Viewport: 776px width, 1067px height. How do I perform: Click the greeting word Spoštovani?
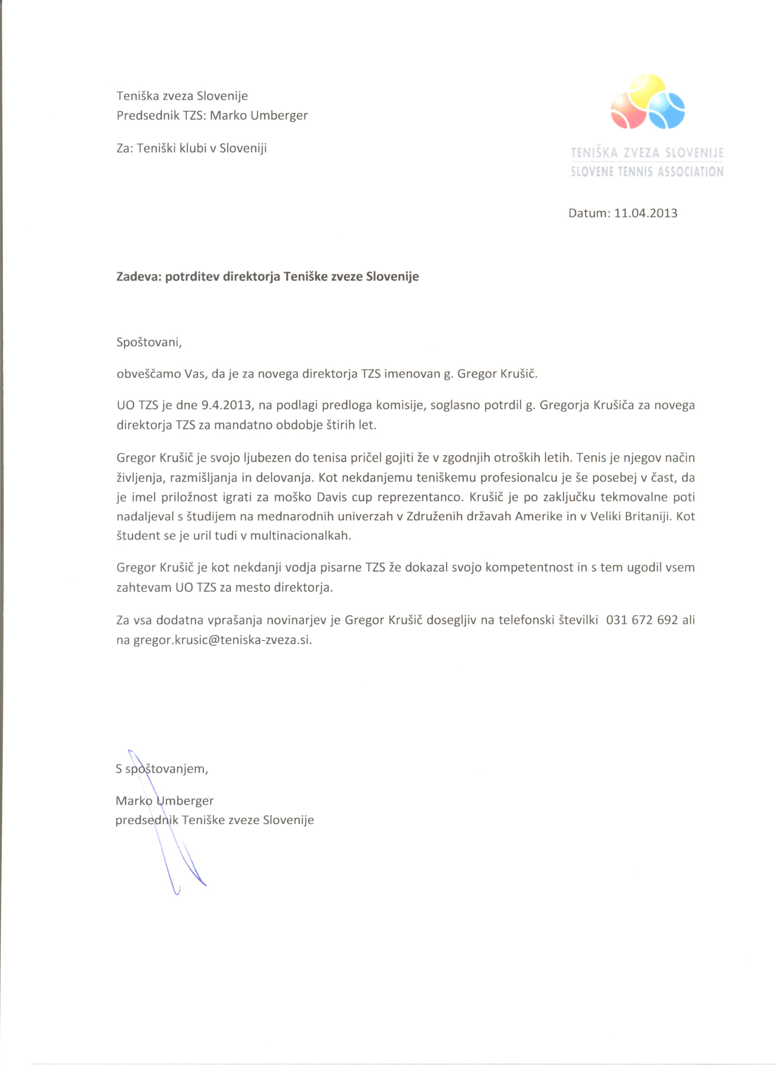pos(148,342)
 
